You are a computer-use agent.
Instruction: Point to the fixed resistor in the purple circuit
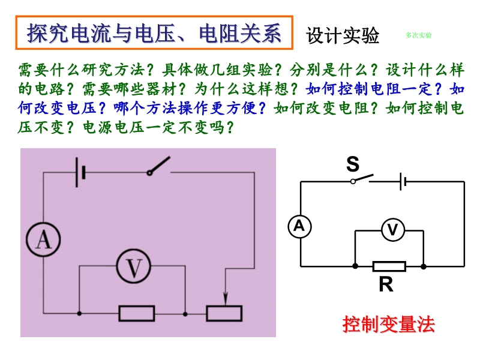(x=137, y=313)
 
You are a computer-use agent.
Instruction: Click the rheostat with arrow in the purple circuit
(x=224, y=313)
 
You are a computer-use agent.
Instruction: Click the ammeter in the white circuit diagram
(x=299, y=226)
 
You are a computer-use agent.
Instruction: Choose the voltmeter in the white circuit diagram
(x=392, y=230)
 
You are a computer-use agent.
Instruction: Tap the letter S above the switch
(x=353, y=164)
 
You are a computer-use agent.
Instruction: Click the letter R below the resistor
(x=386, y=284)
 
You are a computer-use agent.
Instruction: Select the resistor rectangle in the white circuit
(x=389, y=266)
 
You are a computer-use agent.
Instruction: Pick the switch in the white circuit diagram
(x=362, y=179)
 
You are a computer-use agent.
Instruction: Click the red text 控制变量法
(x=388, y=325)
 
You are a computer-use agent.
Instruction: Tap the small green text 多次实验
(x=418, y=35)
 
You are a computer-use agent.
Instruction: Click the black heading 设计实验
(x=343, y=35)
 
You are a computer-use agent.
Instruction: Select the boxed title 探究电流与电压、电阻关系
(x=154, y=34)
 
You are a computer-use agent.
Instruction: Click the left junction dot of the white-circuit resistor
(x=355, y=266)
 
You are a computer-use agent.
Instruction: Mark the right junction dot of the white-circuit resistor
(x=424, y=266)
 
